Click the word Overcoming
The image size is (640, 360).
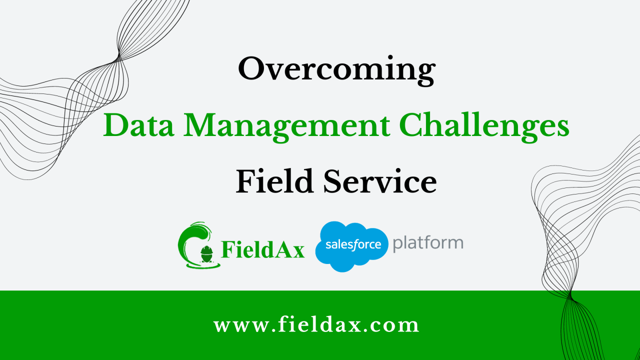pos(336,69)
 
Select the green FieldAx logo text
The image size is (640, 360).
pos(262,249)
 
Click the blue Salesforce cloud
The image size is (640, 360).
pos(351,246)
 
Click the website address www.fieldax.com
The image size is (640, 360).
pos(316,325)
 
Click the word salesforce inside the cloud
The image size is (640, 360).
pos(353,245)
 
